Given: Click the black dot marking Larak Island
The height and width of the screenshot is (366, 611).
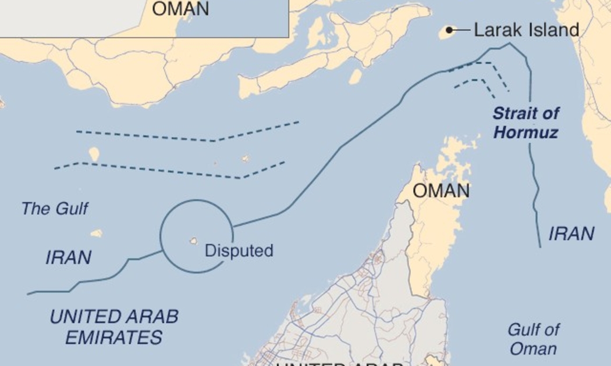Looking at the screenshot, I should [x=449, y=30].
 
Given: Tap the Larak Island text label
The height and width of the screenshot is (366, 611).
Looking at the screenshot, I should [x=527, y=30].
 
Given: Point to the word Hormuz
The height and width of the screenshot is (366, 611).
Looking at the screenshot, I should [x=525, y=132].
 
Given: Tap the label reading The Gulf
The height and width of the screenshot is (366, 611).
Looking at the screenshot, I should [x=55, y=209].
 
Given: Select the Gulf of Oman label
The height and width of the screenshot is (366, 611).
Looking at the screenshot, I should [x=533, y=339].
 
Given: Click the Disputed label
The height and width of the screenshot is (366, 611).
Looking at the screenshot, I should [x=239, y=251].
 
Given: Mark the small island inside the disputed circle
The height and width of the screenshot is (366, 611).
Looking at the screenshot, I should [x=193, y=241].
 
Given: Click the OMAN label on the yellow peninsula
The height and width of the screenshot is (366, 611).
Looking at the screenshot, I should [x=441, y=191].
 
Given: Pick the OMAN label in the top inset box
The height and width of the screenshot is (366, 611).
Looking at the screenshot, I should [x=180, y=9].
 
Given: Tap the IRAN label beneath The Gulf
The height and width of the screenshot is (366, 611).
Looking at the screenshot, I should [x=68, y=257].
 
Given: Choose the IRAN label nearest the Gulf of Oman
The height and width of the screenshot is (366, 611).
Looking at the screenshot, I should [x=571, y=234].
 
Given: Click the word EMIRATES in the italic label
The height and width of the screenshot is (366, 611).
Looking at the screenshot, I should [x=113, y=337].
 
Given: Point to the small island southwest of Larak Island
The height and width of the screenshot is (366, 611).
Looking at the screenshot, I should [x=355, y=76].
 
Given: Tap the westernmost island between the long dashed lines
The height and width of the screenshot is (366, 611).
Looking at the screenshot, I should [x=94, y=154].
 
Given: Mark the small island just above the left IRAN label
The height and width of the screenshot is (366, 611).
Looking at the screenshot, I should [x=97, y=233].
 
